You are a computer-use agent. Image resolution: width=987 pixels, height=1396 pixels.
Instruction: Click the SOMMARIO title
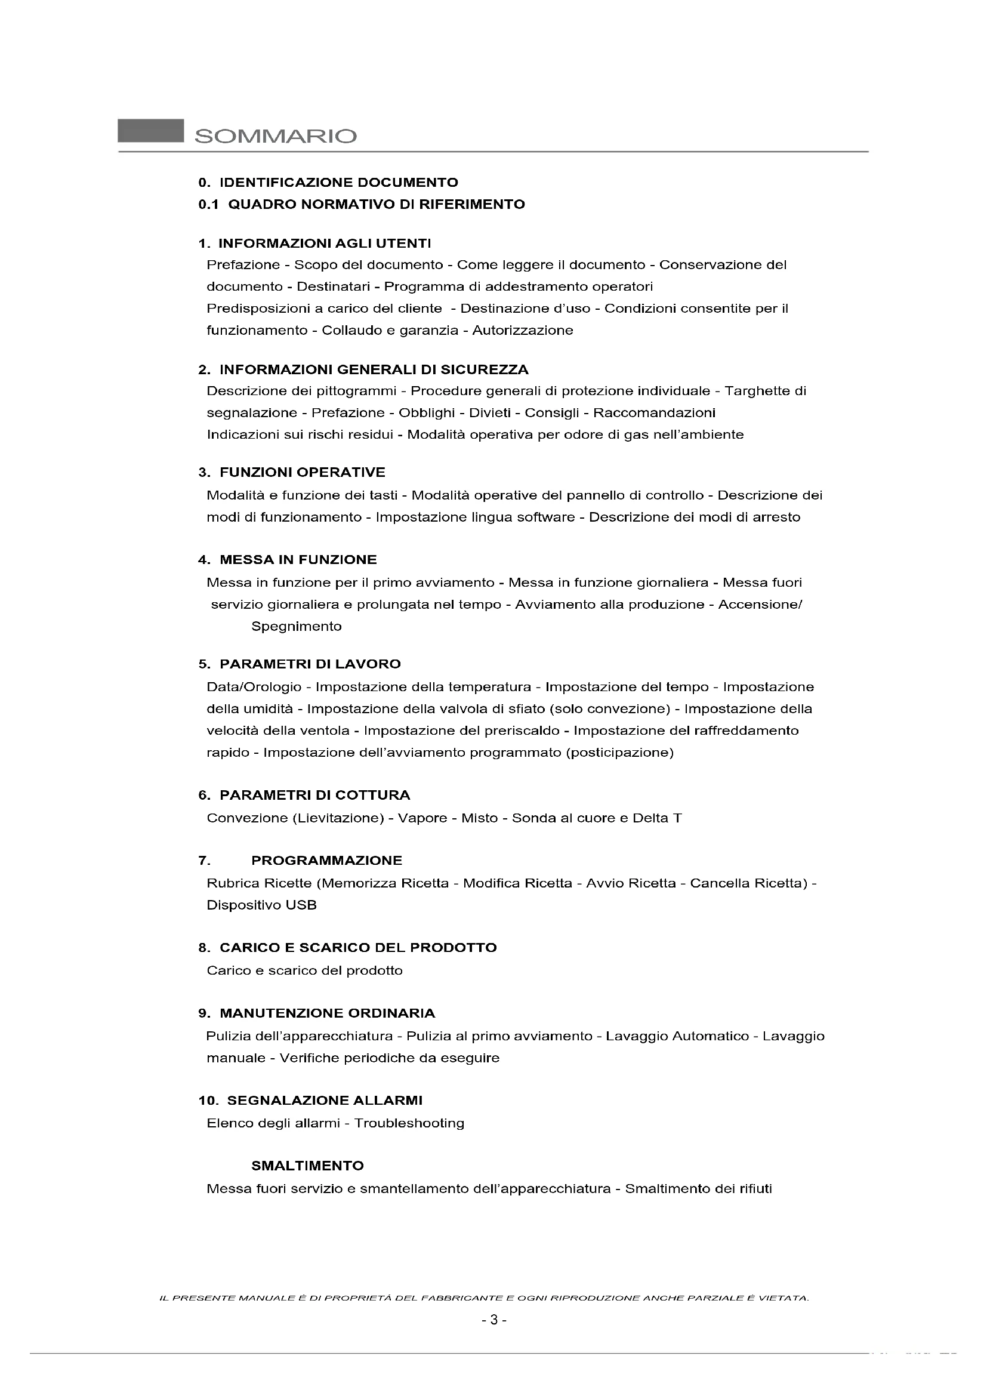click(275, 135)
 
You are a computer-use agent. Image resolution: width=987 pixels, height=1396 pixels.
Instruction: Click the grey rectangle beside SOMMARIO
click(151, 131)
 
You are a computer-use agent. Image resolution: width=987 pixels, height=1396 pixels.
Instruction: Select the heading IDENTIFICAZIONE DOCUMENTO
click(338, 183)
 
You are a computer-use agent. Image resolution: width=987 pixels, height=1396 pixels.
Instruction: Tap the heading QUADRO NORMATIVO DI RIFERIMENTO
click(376, 204)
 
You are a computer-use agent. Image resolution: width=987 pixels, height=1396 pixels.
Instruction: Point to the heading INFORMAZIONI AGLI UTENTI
click(325, 244)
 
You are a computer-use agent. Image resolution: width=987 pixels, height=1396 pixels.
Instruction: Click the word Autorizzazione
click(523, 331)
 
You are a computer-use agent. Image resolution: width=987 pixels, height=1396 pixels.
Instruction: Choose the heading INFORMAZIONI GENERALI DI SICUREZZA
click(374, 369)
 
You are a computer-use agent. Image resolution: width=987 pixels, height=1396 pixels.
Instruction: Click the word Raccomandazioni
click(654, 414)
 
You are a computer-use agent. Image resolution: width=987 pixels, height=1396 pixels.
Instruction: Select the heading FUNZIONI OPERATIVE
click(302, 473)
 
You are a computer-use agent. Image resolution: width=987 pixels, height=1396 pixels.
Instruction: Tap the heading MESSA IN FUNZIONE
click(298, 560)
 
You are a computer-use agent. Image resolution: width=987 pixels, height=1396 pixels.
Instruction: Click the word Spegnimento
click(297, 627)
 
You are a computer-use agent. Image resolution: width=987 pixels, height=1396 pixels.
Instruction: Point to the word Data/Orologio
click(254, 688)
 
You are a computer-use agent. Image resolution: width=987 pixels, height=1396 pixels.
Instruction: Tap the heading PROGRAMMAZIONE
click(327, 861)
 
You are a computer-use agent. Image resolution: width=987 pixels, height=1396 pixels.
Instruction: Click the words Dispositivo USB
click(261, 905)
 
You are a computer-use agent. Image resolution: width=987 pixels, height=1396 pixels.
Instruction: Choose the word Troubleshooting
click(409, 1124)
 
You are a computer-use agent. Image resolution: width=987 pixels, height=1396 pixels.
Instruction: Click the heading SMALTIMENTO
click(307, 1166)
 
